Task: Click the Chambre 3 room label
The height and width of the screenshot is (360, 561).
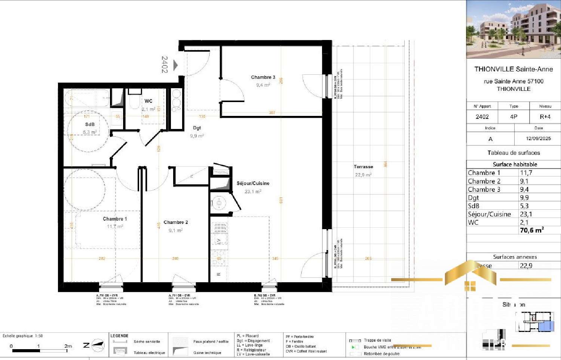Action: coord(263,77)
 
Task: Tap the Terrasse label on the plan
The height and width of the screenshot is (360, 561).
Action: coord(363,167)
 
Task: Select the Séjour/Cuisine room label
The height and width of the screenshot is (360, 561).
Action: coord(253,183)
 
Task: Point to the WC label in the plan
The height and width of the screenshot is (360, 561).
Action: coord(148,101)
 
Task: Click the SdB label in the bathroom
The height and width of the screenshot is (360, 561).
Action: coord(90,124)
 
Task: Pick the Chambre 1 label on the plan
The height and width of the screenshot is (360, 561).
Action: coord(115,219)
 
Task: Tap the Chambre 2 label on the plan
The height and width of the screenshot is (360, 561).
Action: coord(175,222)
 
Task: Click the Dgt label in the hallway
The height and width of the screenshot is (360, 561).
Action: coord(197,128)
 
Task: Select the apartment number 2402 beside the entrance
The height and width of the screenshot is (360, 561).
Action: coord(165,64)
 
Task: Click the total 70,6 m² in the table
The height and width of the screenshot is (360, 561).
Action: coord(531,230)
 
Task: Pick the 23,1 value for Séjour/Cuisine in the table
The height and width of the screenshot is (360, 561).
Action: coord(526,214)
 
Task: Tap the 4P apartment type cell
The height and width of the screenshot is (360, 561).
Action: coord(514,117)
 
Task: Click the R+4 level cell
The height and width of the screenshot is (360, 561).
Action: coord(545,117)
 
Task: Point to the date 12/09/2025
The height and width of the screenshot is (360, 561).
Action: coord(538,138)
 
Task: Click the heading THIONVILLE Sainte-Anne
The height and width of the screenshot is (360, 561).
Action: coord(514,69)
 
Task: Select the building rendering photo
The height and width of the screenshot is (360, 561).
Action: coord(514,29)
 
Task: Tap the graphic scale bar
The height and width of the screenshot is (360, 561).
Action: coord(39,351)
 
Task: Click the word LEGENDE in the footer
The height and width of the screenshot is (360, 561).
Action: coord(119,336)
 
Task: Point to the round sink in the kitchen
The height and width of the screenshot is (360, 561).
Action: coord(219,203)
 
